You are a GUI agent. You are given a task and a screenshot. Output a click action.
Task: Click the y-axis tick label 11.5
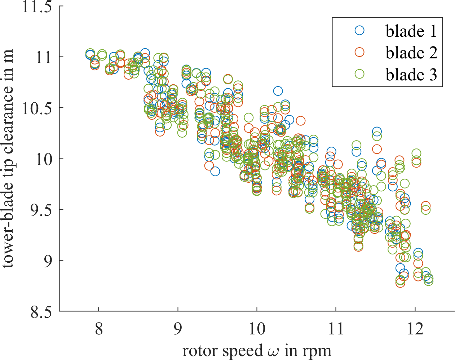37,7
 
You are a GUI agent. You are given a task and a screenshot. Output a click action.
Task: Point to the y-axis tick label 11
44,57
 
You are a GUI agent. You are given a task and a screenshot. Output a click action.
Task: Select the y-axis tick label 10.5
37,108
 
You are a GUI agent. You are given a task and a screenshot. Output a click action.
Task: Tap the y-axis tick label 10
44,159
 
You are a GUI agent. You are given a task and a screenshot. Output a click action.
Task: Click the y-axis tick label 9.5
40,210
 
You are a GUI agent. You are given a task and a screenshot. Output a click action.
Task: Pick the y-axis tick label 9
48,261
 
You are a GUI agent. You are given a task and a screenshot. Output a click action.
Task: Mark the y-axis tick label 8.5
40,311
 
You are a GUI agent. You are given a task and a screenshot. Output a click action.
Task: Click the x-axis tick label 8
99,329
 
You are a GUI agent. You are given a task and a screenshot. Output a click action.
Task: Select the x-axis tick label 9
178,329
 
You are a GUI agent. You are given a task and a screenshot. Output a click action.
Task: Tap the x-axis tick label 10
257,329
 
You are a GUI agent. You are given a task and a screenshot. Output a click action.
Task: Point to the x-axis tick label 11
336,329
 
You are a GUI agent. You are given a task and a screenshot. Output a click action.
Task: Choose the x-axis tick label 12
415,329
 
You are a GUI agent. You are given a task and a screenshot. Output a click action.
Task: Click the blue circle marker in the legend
359,30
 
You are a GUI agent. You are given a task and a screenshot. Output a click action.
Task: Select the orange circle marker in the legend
359,52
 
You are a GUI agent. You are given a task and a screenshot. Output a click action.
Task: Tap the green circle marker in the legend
359,74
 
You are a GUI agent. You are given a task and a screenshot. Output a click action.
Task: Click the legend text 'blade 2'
411,53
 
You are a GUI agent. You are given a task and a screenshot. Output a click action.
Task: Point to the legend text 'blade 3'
411,74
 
